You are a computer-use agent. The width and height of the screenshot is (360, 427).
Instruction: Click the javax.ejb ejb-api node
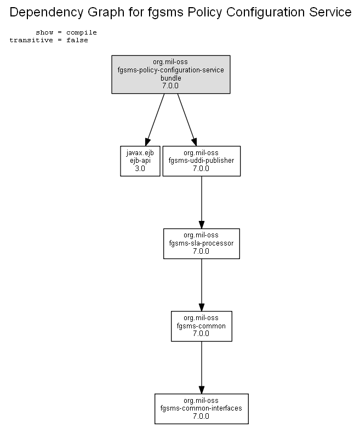[x=140, y=161]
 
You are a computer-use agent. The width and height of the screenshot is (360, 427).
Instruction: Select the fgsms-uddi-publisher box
[x=202, y=161]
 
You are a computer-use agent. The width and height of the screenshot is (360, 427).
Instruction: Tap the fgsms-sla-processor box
[x=202, y=243]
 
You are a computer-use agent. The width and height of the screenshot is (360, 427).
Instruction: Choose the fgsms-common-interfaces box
[x=202, y=408]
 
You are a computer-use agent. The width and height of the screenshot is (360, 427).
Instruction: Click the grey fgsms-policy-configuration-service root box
[x=171, y=75]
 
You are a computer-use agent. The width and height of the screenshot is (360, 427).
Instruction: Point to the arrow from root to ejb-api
[x=155, y=120]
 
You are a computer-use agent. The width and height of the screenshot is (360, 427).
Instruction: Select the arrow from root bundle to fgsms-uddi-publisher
[x=187, y=120]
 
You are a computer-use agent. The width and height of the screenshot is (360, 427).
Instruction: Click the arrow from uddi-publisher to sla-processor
[x=202, y=202]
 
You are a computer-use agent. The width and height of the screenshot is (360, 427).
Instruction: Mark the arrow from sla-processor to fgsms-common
[x=202, y=285]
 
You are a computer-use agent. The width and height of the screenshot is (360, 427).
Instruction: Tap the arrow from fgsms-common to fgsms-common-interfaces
[x=202, y=367]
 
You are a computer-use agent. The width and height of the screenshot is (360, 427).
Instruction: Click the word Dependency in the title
[x=47, y=13]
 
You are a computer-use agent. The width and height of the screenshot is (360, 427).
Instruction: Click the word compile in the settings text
[x=82, y=32]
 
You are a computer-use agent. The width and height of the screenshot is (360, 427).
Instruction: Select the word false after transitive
[x=77, y=40]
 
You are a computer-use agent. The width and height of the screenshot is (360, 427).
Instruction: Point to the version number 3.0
[x=140, y=169]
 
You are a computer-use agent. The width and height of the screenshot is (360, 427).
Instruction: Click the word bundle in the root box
[x=171, y=78]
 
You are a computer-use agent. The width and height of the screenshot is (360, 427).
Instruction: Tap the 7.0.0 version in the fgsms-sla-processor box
[x=201, y=251]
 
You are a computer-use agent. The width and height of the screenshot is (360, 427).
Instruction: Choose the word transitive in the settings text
[x=31, y=40]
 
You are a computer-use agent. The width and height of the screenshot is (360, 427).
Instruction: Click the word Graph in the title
[x=107, y=13]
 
